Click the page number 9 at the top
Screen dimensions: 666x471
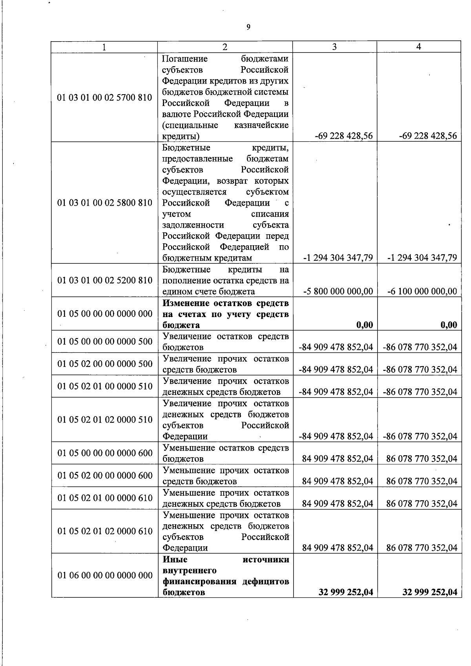coord(248,27)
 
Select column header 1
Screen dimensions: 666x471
coord(104,47)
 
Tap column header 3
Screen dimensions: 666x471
coord(334,47)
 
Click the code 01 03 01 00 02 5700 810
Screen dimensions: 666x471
coord(104,97)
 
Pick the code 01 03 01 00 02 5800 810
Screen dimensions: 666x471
coord(104,203)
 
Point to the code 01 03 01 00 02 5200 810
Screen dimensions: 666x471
coord(104,280)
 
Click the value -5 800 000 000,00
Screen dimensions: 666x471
coord(338,292)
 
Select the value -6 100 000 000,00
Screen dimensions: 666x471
coord(422,292)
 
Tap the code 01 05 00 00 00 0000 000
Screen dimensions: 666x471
coord(104,314)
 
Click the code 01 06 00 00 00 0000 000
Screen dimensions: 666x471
coord(104,575)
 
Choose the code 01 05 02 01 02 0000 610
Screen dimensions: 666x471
coord(104,531)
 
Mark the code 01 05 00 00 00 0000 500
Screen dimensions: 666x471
coord(104,341)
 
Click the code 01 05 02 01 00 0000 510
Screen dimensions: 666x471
coord(104,386)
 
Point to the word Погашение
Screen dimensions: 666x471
coord(185,59)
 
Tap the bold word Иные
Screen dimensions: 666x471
coord(175,559)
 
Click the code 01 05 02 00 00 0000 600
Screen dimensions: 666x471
coord(104,476)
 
